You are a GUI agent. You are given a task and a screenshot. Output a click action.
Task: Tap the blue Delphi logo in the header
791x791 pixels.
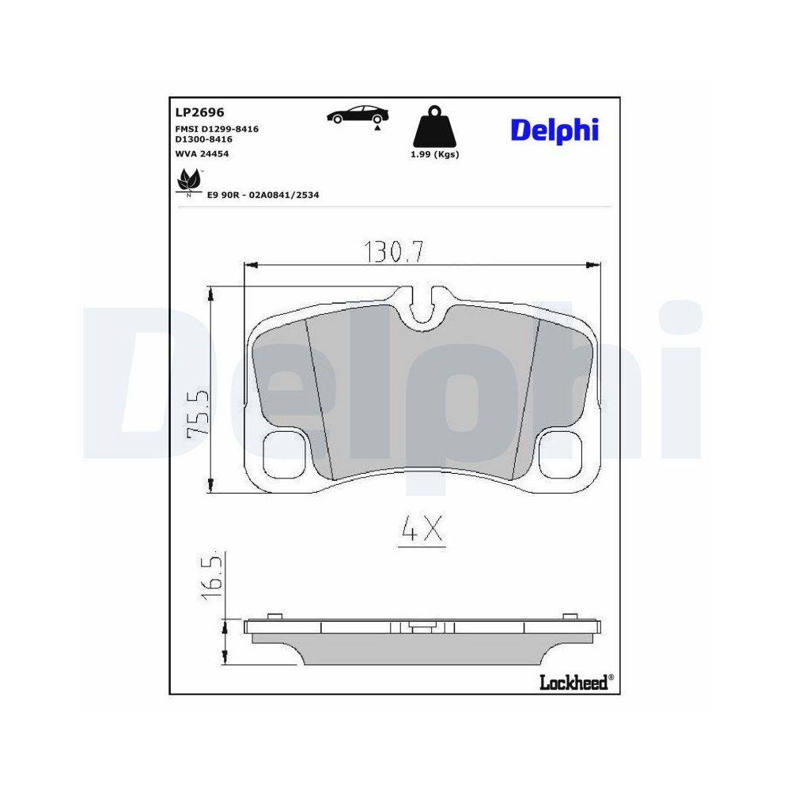pyautogui.click(x=554, y=131)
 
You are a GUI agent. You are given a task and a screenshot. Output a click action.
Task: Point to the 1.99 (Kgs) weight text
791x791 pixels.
pyautogui.click(x=434, y=154)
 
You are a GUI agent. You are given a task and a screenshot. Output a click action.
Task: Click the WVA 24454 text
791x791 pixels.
pyautogui.click(x=202, y=153)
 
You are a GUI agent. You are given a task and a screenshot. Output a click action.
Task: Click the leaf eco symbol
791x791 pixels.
pyautogui.click(x=188, y=181)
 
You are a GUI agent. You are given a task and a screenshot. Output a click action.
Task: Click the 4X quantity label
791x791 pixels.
pyautogui.click(x=422, y=531)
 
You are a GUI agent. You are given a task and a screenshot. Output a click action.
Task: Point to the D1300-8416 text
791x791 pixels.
pyautogui.click(x=203, y=138)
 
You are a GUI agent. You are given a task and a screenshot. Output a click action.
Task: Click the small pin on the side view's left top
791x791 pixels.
pyautogui.click(x=274, y=616)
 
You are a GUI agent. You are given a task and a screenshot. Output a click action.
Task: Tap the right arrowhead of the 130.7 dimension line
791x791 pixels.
pyautogui.click(x=592, y=265)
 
